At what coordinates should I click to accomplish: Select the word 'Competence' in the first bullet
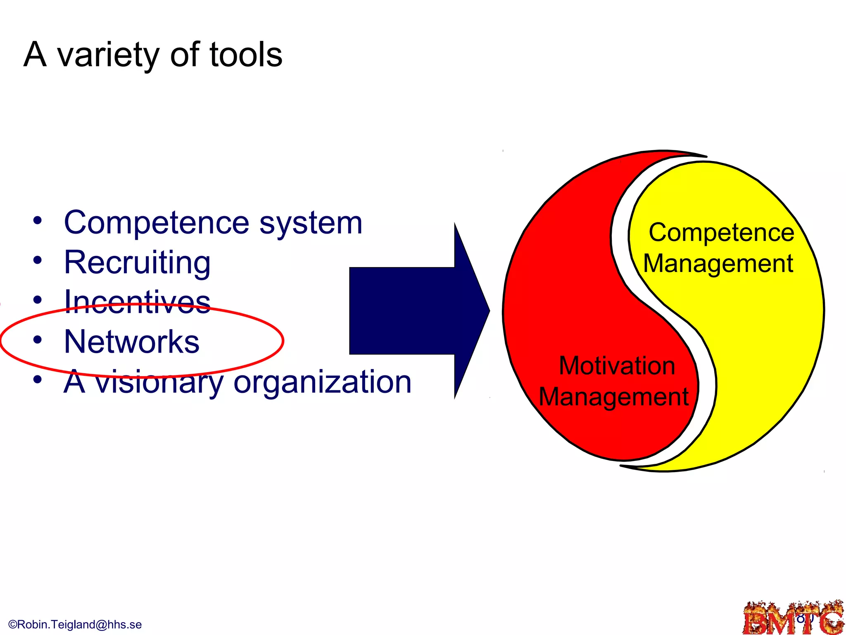point(157,223)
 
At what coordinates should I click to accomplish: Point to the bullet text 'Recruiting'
point(137,263)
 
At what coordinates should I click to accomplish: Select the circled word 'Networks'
point(132,341)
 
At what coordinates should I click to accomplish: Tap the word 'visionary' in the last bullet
point(160,382)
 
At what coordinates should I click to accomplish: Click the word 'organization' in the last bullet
point(322,382)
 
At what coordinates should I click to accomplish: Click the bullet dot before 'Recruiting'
point(38,260)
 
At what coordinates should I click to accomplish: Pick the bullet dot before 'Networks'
point(38,340)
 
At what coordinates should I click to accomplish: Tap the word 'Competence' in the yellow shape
point(721,232)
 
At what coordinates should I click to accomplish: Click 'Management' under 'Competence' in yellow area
point(718,263)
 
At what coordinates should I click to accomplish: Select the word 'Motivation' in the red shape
point(617,366)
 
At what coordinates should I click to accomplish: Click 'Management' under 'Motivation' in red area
point(613,397)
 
